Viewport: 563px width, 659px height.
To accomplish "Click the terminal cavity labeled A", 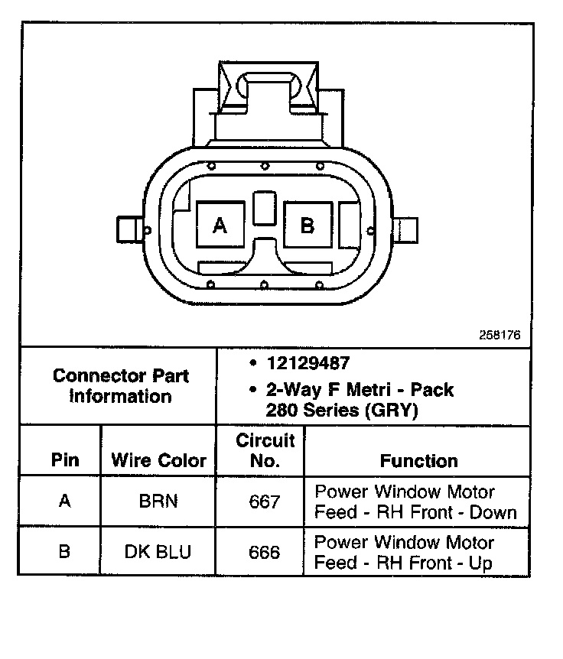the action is (x=220, y=225).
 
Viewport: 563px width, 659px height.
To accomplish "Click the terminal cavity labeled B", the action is (x=308, y=225).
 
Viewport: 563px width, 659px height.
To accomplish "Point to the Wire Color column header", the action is (x=159, y=460).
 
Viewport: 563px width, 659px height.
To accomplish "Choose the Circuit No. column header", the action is (x=265, y=450).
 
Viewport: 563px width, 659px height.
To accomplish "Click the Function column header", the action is (x=418, y=460).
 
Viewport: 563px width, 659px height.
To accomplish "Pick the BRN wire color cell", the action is (x=158, y=502).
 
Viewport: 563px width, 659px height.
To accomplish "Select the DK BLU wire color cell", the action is (x=158, y=552).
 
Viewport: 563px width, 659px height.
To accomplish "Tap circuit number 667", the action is (x=265, y=502).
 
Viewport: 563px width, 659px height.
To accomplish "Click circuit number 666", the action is (x=265, y=552).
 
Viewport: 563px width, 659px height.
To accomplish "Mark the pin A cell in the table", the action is (x=64, y=502).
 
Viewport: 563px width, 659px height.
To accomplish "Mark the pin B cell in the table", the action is (x=64, y=552).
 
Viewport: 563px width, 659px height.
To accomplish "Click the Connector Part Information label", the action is (x=121, y=385).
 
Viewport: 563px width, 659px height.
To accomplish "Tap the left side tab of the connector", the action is (x=128, y=229).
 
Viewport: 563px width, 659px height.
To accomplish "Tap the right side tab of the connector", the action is (x=406, y=229).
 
